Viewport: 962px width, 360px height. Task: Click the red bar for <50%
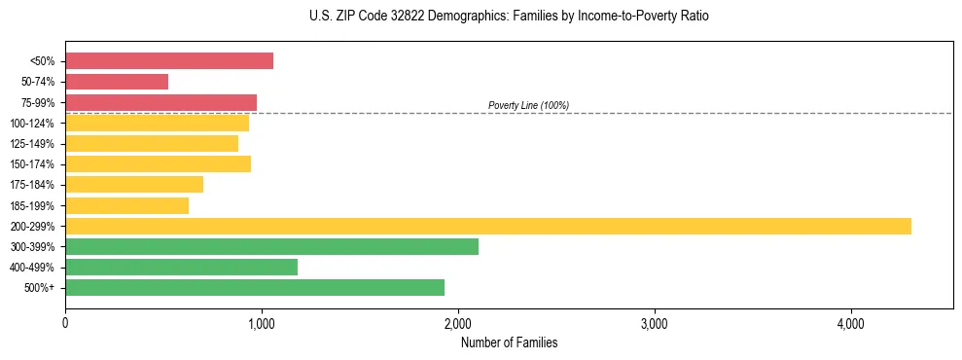(169, 61)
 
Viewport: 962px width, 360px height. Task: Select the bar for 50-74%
(117, 82)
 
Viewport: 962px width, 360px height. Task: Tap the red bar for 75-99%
(160, 102)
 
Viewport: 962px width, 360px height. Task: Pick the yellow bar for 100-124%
(157, 123)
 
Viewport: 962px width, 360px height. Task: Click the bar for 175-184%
(134, 184)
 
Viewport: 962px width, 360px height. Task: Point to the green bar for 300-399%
(271, 246)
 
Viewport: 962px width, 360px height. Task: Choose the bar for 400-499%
(181, 267)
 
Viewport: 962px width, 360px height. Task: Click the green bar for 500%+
(255, 287)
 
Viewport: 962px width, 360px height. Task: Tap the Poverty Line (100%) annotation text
(528, 105)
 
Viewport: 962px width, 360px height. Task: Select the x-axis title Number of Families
(509, 342)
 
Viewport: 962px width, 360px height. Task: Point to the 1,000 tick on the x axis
(262, 323)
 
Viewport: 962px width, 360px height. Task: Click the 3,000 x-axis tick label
(655, 323)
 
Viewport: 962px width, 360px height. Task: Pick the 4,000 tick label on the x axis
(851, 323)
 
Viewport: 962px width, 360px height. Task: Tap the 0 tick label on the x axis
(65, 323)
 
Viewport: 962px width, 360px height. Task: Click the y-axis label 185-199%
(32, 205)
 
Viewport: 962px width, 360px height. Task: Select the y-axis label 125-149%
(32, 144)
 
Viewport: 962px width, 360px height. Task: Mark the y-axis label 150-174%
(32, 164)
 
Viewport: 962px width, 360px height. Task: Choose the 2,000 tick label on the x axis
(458, 323)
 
